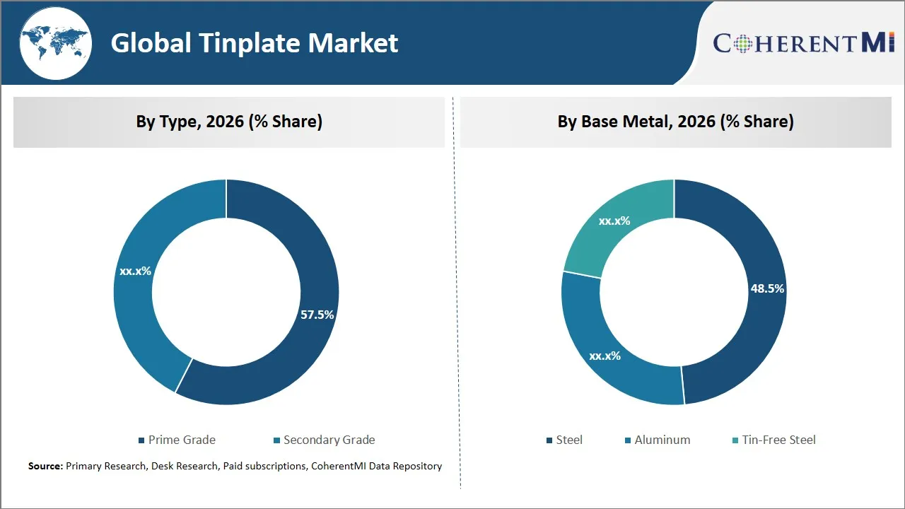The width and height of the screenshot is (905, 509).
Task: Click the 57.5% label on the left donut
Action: click(x=317, y=315)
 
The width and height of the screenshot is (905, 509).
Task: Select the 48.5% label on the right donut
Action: click(x=767, y=288)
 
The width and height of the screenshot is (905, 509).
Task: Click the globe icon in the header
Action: click(x=55, y=42)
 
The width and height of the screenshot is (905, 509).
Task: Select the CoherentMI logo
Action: click(x=804, y=43)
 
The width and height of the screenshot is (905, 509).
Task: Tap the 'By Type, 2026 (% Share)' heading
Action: click(x=229, y=122)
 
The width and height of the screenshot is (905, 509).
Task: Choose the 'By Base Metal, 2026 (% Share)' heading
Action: click(x=675, y=122)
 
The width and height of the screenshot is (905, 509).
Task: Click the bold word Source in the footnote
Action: click(x=45, y=466)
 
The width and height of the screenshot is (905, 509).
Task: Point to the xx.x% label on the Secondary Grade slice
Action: click(x=135, y=271)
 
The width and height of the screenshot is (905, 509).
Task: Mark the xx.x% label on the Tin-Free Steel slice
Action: click(x=614, y=221)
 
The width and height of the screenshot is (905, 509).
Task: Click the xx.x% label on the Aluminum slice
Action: click(x=605, y=356)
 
